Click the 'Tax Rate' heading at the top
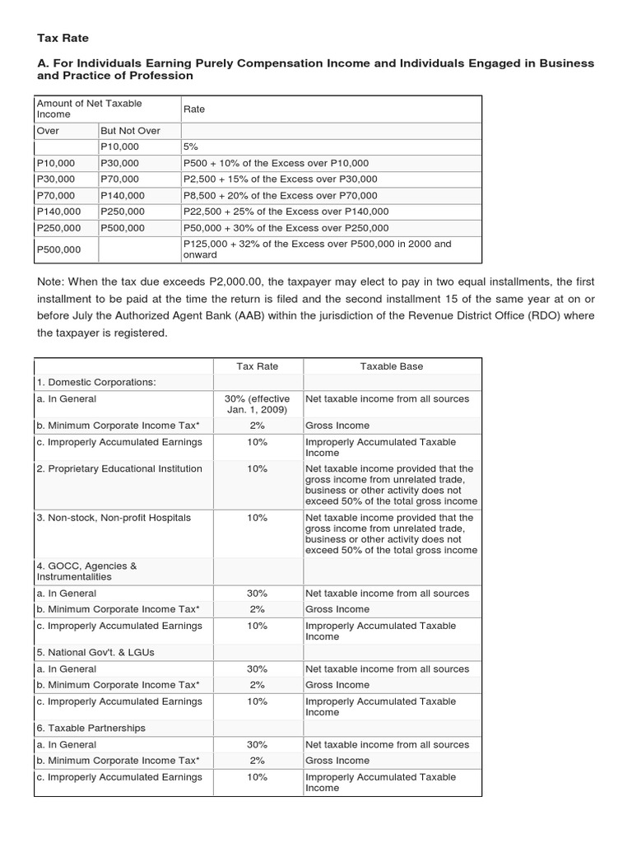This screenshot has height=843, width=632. (63, 38)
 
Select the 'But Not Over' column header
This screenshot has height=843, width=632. (130, 131)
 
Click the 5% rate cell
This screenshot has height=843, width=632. (191, 147)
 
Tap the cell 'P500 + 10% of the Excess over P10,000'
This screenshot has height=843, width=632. (276, 163)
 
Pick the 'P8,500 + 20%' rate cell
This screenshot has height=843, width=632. (280, 195)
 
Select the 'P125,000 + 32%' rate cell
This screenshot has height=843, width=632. (317, 249)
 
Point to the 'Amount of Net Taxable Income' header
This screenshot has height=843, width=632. (89, 109)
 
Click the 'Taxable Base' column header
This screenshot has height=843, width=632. (392, 366)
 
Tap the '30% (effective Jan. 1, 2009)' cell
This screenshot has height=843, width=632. (258, 404)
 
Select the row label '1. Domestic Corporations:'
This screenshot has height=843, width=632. (95, 382)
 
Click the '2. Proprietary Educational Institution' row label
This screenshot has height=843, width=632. (118, 468)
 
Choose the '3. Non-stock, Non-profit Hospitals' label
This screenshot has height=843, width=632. (113, 518)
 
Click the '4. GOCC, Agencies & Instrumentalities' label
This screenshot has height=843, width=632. (86, 571)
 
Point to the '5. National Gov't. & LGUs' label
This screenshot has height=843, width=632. (95, 652)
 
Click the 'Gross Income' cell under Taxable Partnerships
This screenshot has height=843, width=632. (337, 761)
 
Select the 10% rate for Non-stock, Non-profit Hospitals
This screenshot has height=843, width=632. (258, 518)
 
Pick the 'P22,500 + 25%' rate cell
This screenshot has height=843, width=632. (283, 212)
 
